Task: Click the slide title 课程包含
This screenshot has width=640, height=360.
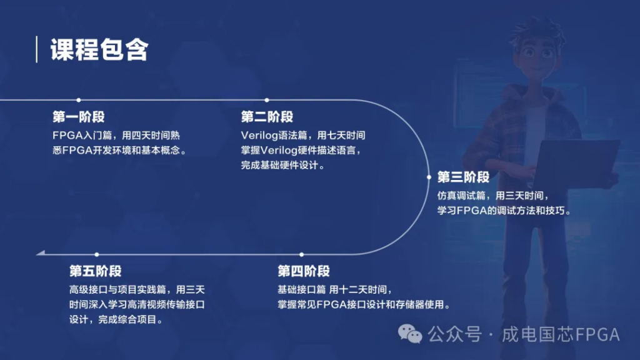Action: (99, 50)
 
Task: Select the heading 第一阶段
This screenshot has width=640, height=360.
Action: (78, 117)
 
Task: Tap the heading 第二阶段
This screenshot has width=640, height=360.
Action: (267, 117)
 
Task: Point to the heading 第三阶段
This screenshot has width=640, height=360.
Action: (463, 177)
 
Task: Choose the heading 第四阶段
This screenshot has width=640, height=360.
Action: (304, 271)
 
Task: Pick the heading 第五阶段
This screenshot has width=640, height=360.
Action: (96, 271)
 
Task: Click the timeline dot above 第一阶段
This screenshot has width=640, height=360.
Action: (78, 100)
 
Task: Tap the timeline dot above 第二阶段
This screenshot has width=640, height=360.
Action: (267, 100)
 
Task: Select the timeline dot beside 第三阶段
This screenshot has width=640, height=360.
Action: (429, 177)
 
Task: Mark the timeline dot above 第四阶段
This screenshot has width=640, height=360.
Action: (302, 254)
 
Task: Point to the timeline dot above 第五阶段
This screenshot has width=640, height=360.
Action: (97, 254)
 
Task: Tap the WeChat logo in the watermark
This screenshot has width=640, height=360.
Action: (411, 334)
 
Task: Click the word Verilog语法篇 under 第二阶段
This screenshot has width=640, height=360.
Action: (272, 135)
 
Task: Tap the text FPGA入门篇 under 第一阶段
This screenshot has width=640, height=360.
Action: (80, 135)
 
